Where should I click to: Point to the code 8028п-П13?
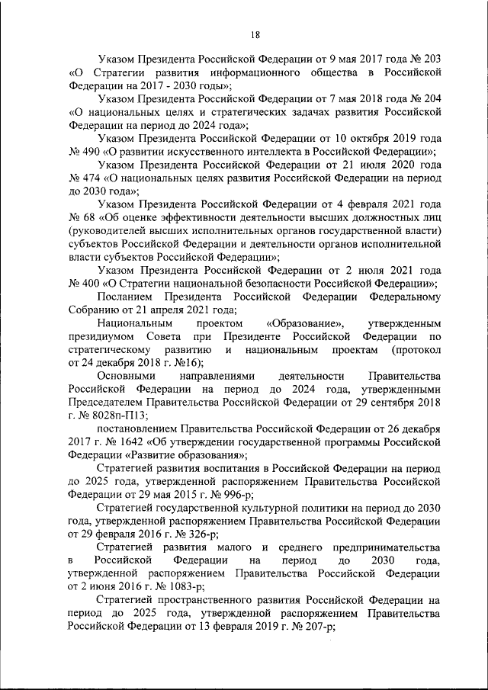click(x=118, y=416)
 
